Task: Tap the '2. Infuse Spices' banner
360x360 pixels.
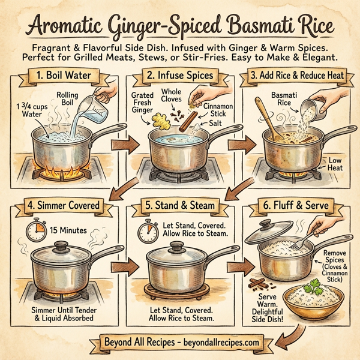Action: [181, 77]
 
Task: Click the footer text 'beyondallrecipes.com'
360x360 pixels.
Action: [219, 342]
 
